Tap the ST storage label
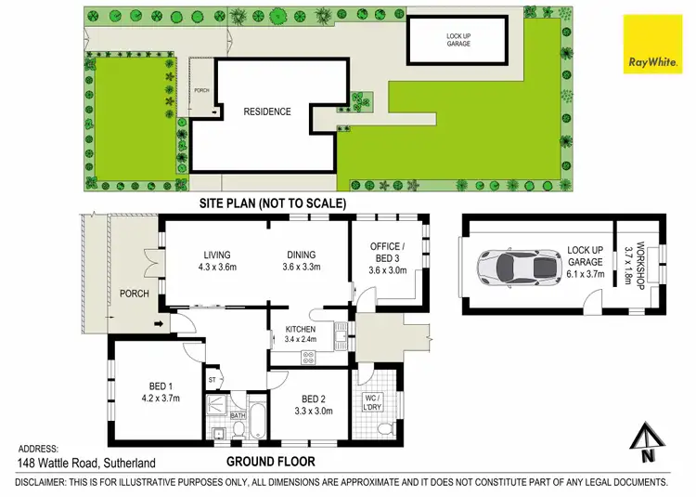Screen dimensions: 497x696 pyautogui.click(x=212, y=379)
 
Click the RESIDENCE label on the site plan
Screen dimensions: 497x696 pyautogui.click(x=267, y=111)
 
